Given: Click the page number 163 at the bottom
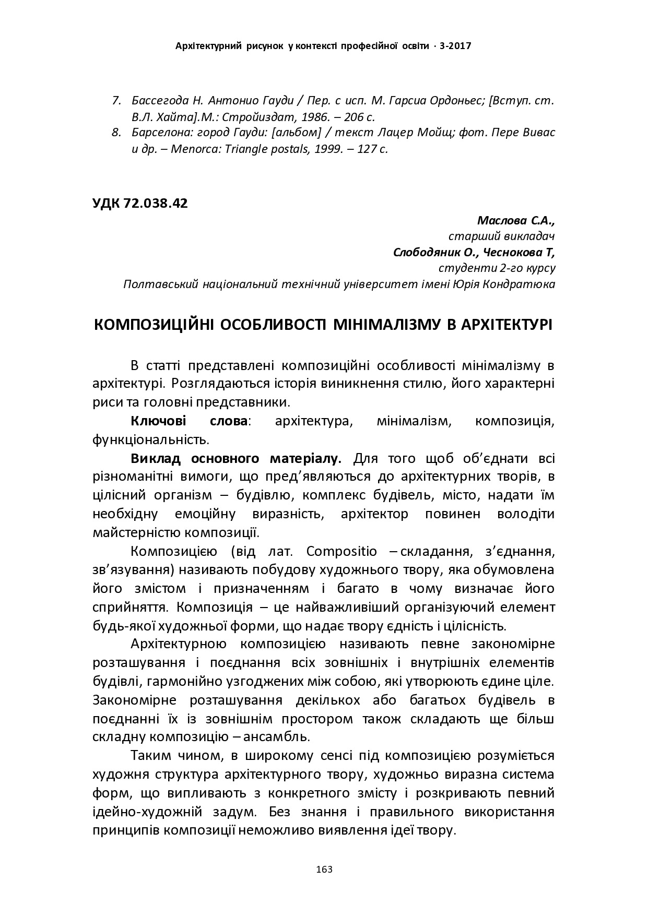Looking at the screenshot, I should (324, 870).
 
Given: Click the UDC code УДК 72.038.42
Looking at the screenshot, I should (140, 204).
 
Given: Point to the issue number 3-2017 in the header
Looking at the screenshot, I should (456, 46).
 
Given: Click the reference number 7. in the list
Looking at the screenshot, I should (117, 100).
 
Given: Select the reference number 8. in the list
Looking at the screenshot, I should (117, 133).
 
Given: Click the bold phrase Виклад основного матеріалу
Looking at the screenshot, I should (235, 459).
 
